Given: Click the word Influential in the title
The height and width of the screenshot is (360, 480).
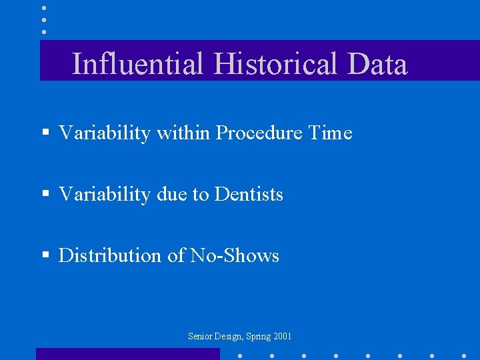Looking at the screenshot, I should [x=137, y=64].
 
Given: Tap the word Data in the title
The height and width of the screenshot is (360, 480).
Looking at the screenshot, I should [x=377, y=64].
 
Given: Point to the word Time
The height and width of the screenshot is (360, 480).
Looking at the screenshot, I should [x=330, y=133].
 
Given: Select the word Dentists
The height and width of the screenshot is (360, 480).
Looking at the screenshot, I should [x=249, y=195].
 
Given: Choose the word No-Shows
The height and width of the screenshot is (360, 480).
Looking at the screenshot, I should [x=235, y=256].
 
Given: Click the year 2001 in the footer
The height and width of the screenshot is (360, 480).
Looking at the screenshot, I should [x=283, y=337].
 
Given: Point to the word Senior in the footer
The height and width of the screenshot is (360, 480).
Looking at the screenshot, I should [x=199, y=337].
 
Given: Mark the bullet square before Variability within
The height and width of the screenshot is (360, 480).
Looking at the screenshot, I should [x=45, y=133].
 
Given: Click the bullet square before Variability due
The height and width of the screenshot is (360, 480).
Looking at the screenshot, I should [x=45, y=195].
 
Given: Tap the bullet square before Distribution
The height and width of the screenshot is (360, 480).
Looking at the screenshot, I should [x=45, y=256].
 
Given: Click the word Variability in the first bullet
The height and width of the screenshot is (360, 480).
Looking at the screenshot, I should [x=105, y=133].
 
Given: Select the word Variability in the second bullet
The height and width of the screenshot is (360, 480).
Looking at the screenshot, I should [x=105, y=195].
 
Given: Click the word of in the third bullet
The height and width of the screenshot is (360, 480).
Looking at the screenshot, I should [x=177, y=256].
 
